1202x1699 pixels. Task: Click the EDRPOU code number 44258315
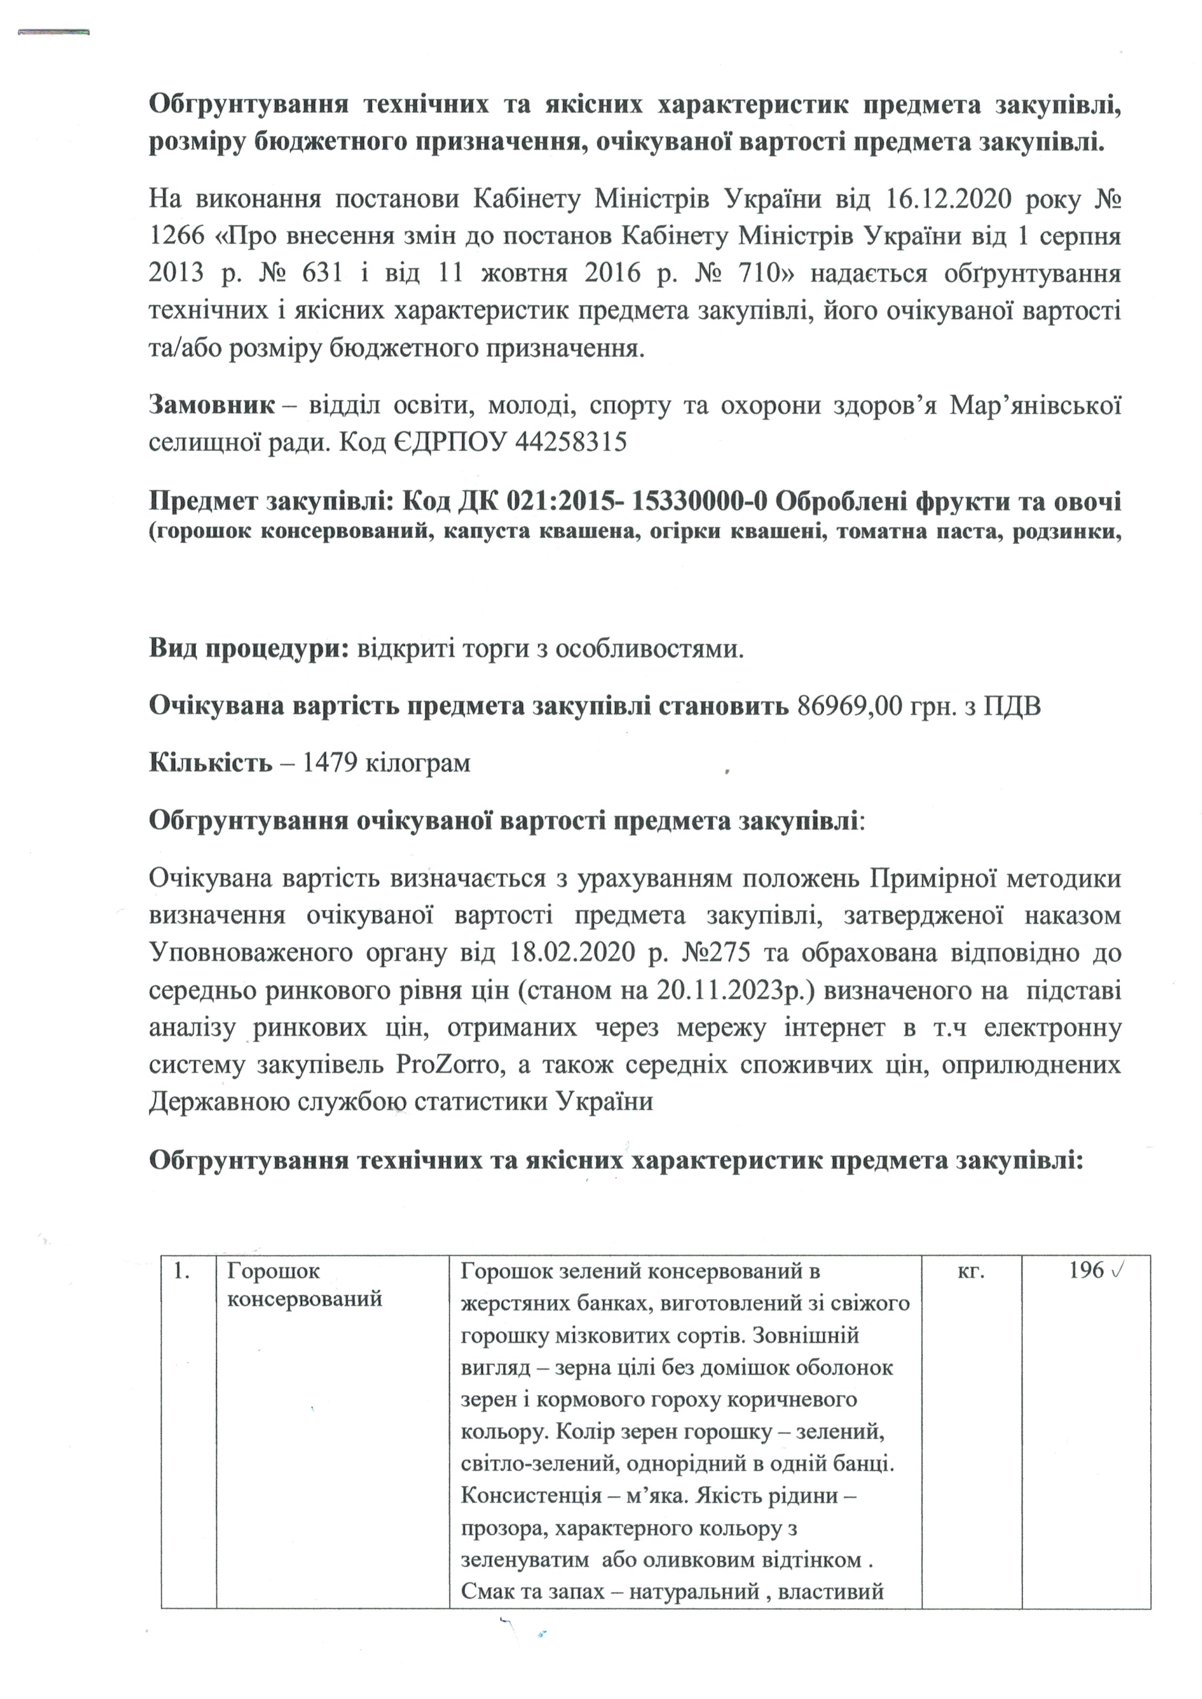tap(570, 442)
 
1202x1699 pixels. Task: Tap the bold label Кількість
tap(210, 762)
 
